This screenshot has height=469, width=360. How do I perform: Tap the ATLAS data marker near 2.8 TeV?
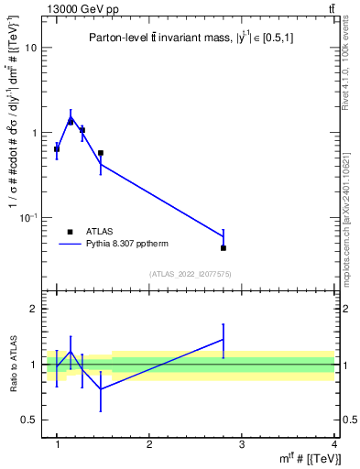(224, 247)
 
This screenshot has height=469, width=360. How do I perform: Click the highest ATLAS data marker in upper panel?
(71, 121)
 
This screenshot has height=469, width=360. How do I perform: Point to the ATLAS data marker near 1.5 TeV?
(100, 153)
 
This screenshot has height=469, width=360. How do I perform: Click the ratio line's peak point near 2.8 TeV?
(224, 339)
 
